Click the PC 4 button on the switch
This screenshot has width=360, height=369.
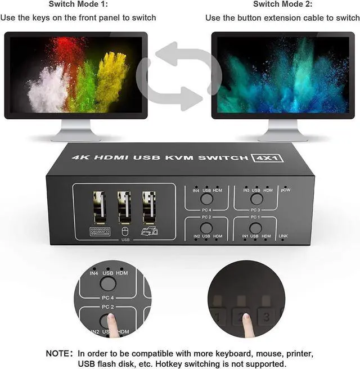click(x=206, y=198)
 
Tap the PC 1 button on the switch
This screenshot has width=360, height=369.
click(x=256, y=228)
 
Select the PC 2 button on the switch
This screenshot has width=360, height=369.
click(x=206, y=228)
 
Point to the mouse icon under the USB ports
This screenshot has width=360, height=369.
click(x=124, y=231)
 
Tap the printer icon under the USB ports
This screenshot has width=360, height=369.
click(x=149, y=231)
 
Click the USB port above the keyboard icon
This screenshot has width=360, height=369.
click(x=99, y=206)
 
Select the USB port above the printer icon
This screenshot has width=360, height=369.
click(x=149, y=206)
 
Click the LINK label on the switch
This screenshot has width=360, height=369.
click(x=283, y=236)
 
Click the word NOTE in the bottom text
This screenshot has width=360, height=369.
click(x=58, y=354)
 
